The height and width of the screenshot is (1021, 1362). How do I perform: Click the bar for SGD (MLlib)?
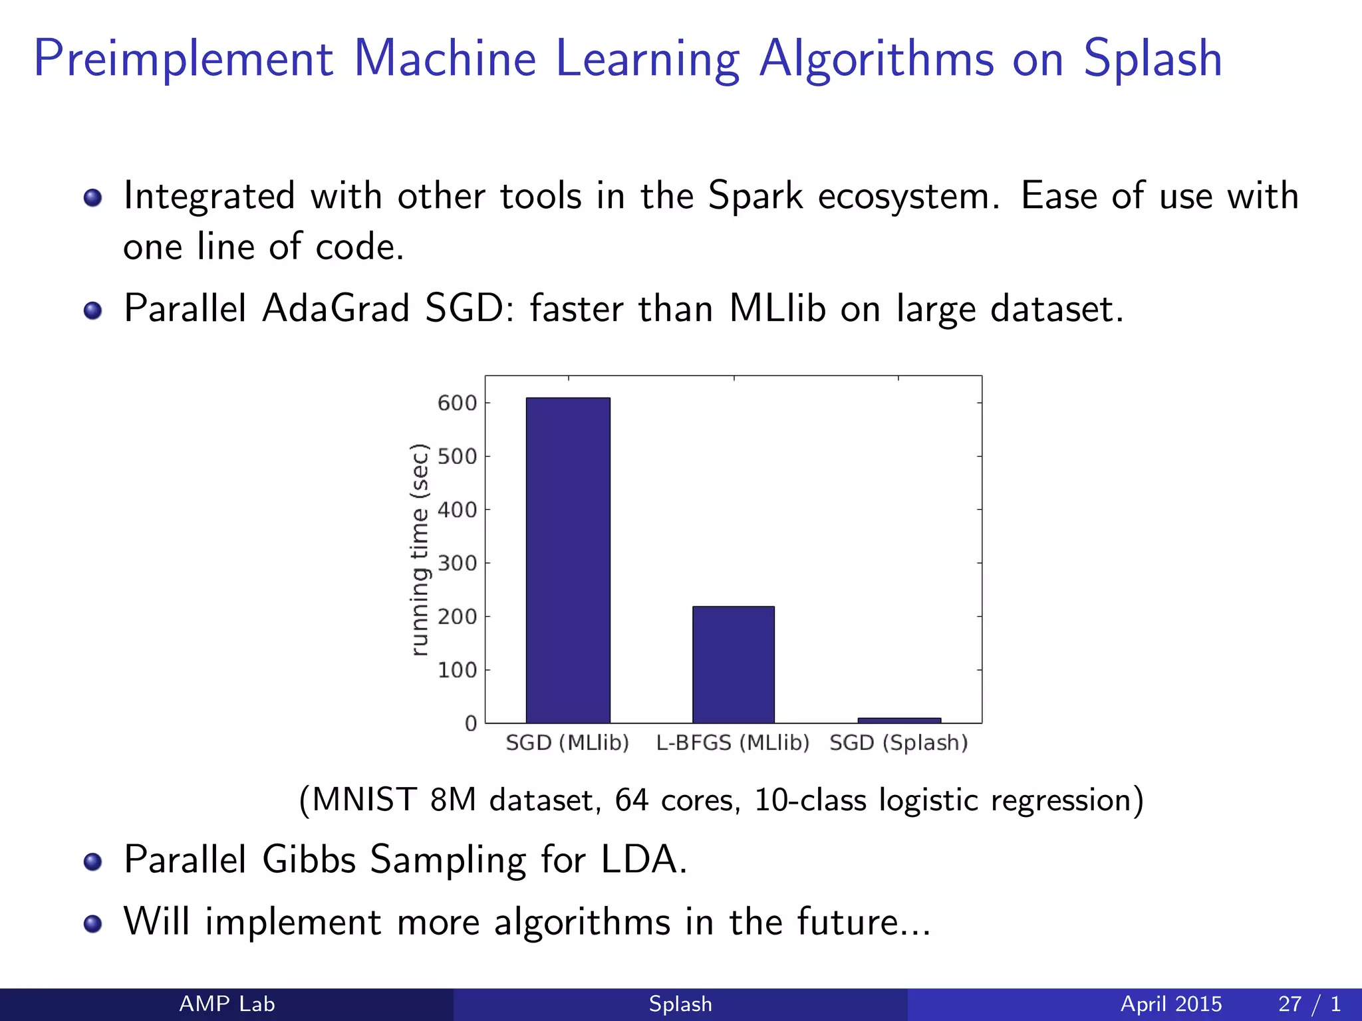pos(568,560)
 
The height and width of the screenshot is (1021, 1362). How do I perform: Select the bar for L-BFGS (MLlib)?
pos(733,664)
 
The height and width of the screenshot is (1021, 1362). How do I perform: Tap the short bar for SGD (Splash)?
pos(899,721)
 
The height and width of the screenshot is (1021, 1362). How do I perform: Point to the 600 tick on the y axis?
pos(458,403)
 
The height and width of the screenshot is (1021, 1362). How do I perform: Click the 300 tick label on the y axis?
pos(458,563)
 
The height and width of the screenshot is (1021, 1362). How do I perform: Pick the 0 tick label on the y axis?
pos(471,723)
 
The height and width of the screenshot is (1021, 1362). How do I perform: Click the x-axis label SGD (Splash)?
pos(898,742)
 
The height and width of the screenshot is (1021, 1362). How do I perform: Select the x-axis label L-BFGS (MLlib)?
pos(732,742)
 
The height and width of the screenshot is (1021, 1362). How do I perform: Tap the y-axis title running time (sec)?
pos(419,549)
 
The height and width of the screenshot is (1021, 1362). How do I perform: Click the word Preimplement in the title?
pos(183,60)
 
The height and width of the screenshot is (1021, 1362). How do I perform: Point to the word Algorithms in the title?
pos(877,60)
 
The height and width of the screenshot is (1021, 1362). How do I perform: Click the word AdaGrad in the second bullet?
pos(335,308)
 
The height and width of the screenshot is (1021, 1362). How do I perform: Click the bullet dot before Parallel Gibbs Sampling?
pos(93,861)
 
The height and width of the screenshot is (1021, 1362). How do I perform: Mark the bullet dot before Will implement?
pos(93,924)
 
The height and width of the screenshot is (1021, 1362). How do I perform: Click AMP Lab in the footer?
pos(227,1004)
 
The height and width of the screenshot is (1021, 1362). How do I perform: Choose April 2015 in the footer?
pos(1171,1004)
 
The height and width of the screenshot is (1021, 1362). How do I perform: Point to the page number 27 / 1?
pos(1309,1004)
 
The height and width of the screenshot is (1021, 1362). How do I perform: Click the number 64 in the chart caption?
pos(631,800)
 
